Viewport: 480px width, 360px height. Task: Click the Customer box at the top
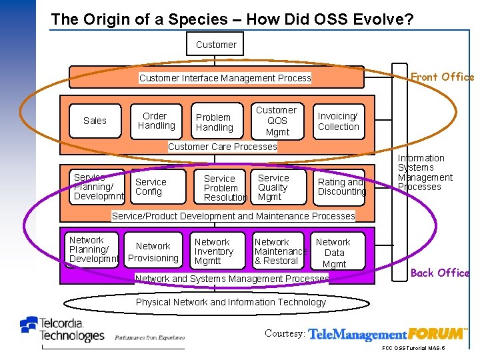click(216, 45)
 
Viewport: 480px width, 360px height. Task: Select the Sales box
click(95, 121)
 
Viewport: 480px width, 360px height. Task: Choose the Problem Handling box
click(215, 122)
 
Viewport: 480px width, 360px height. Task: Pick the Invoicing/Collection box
click(338, 121)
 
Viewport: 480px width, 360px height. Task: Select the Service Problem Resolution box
click(225, 188)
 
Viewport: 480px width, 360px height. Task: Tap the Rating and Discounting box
click(341, 187)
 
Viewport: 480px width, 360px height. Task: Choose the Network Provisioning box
click(153, 252)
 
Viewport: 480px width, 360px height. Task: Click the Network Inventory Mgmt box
click(215, 251)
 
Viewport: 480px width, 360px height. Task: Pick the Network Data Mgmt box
click(334, 253)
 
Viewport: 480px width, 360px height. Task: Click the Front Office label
click(442, 77)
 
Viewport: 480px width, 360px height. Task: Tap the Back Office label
click(440, 273)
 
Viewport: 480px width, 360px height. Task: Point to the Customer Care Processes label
click(222, 147)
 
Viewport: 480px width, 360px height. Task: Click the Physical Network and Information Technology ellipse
click(231, 302)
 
